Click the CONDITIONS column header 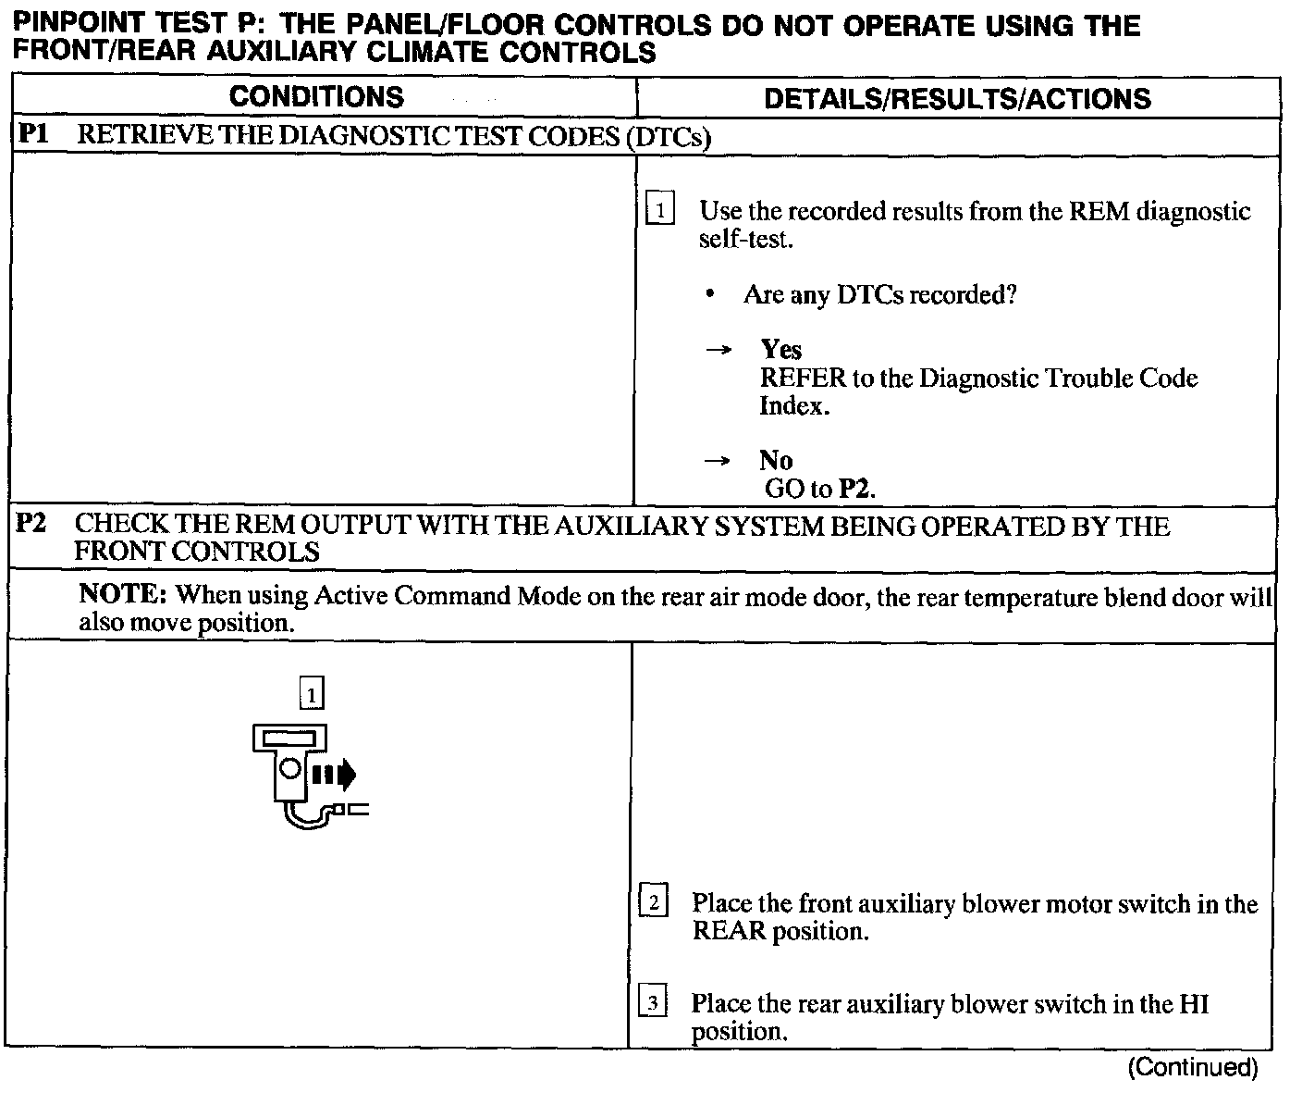[316, 97]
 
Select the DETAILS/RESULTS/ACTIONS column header [957, 98]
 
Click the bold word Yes [781, 350]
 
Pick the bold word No [777, 460]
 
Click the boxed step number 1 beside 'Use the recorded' [660, 209]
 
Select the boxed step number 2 [653, 901]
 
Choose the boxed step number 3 [653, 1002]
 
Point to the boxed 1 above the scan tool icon [313, 692]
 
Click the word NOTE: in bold [122, 593]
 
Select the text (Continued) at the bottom [1192, 1068]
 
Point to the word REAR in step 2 [730, 930]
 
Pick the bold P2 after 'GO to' [854, 489]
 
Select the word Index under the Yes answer [791, 405]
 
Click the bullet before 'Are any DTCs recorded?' [709, 294]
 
